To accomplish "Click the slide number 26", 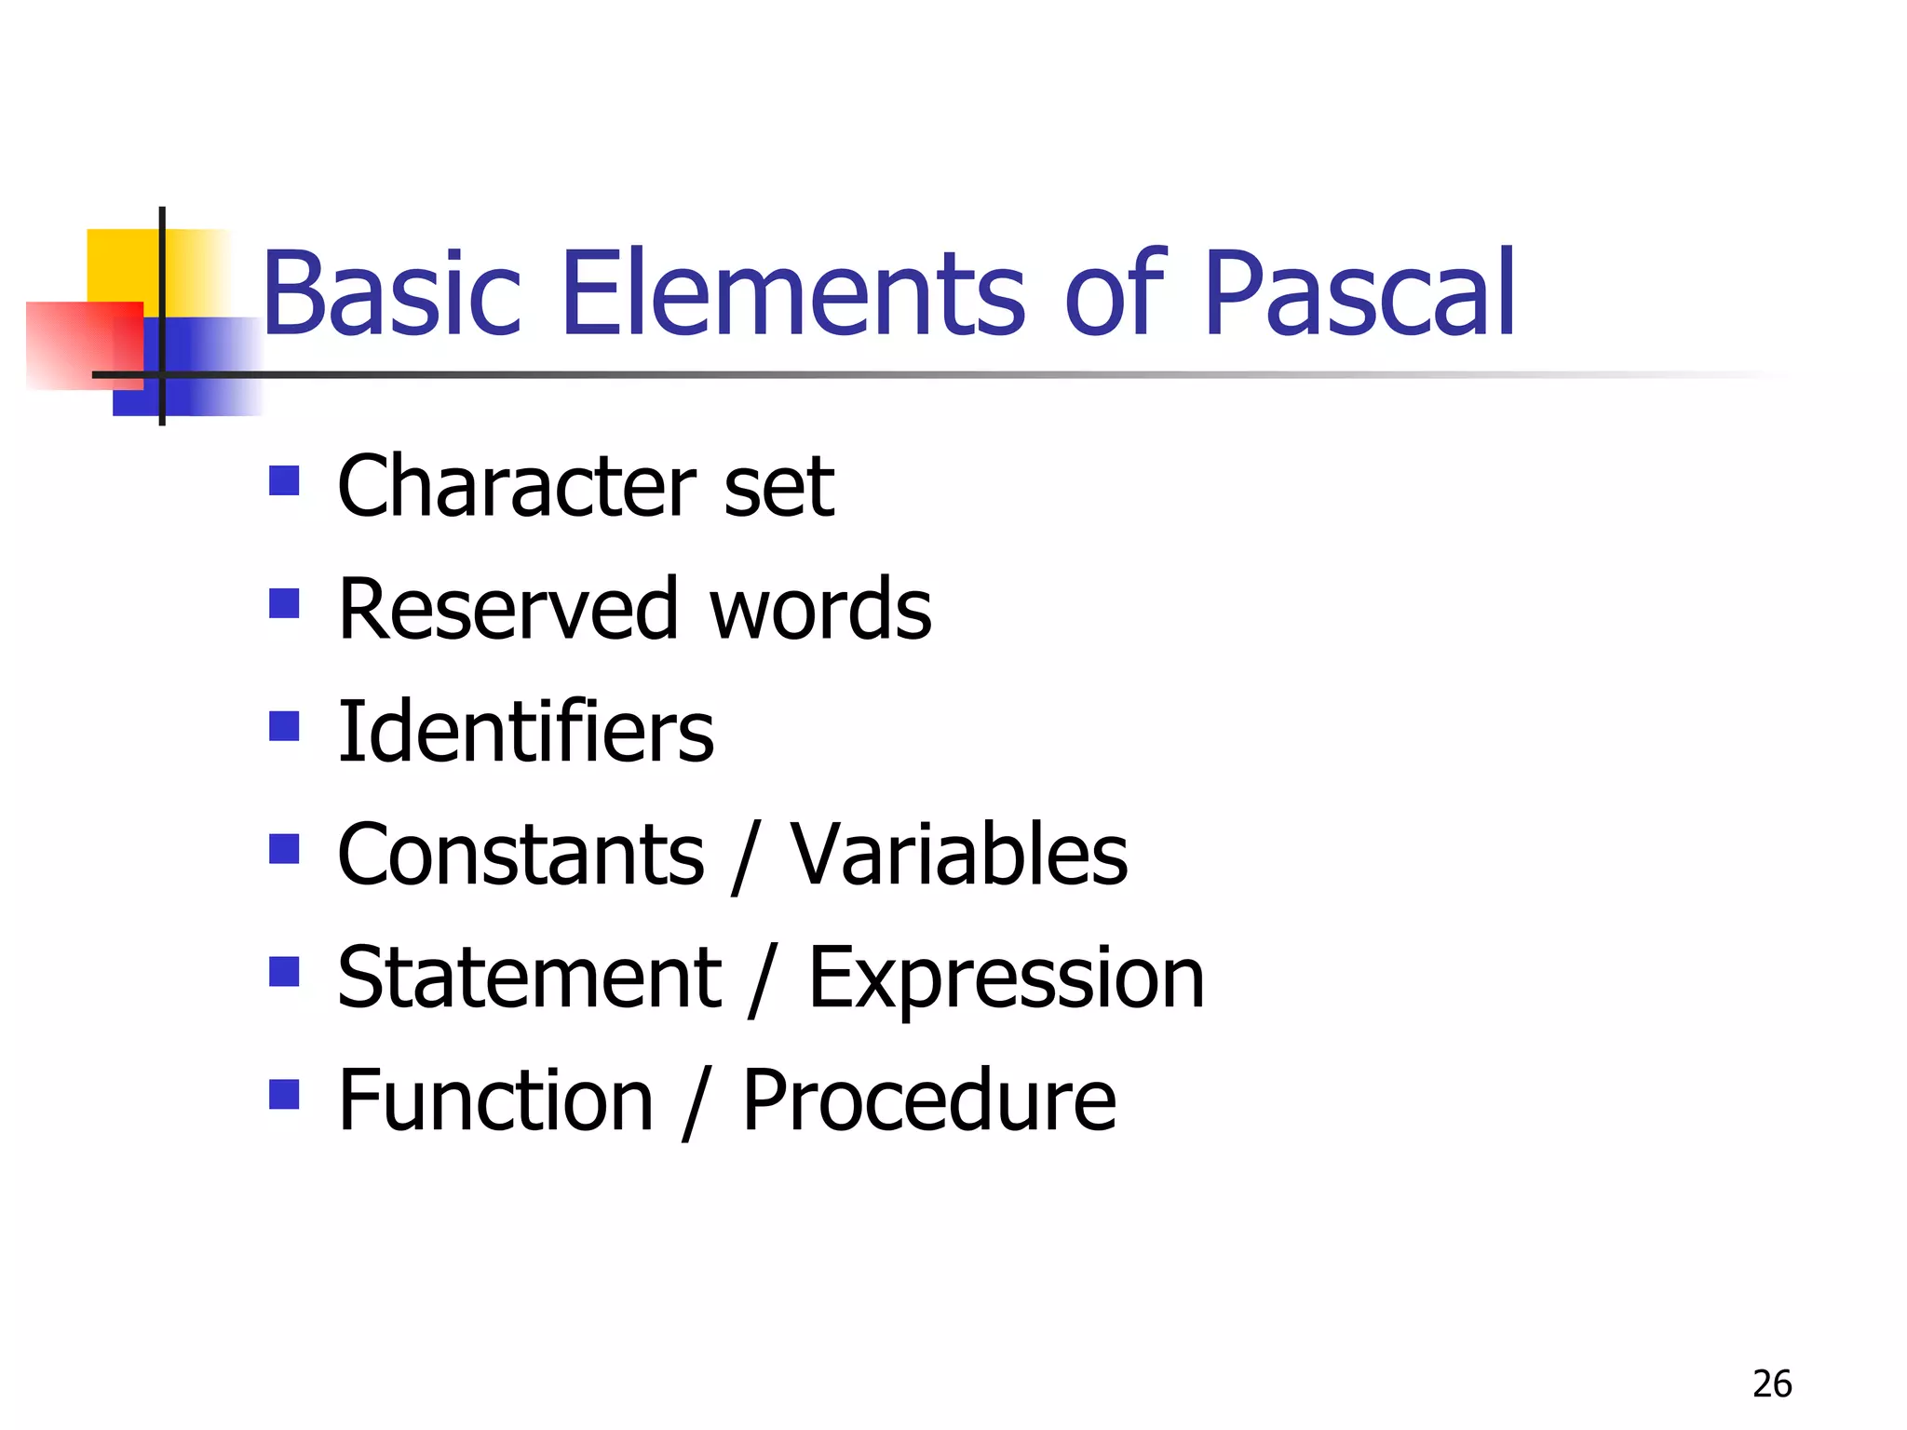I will pos(1771,1384).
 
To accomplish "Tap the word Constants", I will pos(521,855).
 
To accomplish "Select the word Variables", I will pos(959,855).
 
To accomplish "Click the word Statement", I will pos(529,978).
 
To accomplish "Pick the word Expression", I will pos(1006,978).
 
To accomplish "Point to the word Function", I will pos(495,1100).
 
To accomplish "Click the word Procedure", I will pos(928,1100).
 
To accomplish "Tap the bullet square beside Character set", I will pos(284,481).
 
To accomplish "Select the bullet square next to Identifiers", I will pos(284,726).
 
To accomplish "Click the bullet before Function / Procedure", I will pos(284,1095).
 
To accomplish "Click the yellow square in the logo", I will pos(121,264).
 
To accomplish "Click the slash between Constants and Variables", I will pos(746,857).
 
